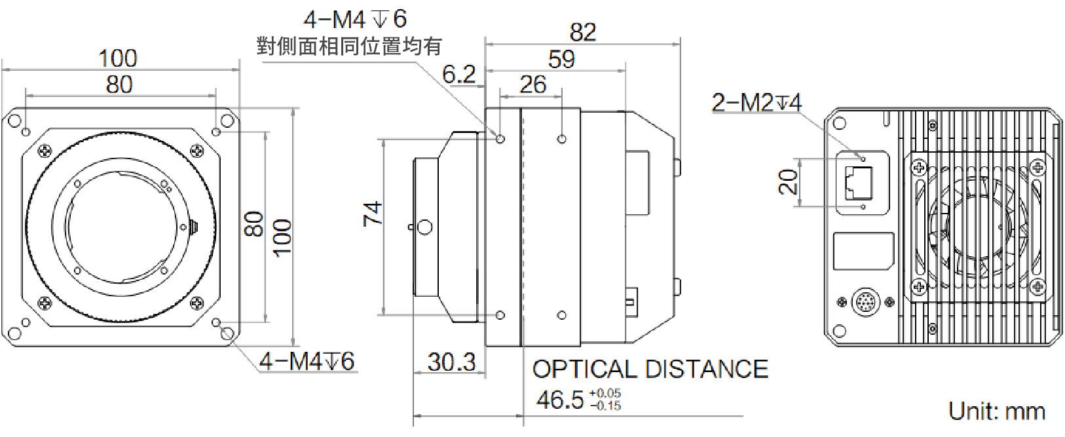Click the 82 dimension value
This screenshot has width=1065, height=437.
pos(582,31)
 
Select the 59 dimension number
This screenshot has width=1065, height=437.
pos(561,60)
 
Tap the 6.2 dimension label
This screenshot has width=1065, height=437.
pos(458,74)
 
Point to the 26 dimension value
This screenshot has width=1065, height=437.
pos(532,85)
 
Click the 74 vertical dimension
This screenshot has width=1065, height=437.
pos(373,214)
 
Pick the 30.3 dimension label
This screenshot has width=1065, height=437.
pos(451,361)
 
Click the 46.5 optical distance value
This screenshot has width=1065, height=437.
pos(560,399)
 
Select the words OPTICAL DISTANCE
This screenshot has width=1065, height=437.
pos(650,369)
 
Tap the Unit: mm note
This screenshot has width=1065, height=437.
pos(996,411)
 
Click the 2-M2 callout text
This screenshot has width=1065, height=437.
pos(757,102)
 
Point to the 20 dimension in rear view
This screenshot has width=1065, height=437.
pos(789,181)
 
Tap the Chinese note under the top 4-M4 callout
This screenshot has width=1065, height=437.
pos(348,46)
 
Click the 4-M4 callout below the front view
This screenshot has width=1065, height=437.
pos(307,361)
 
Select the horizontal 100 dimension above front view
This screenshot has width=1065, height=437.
pos(118,58)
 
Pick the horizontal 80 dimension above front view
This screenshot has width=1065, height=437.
pos(119,85)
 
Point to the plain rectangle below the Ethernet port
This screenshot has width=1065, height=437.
pos(863,252)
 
